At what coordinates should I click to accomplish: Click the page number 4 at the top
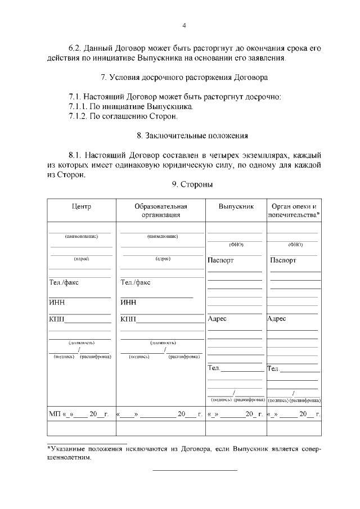tap(184, 25)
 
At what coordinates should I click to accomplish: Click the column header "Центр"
tap(82, 206)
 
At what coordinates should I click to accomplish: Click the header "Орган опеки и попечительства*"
tap(294, 210)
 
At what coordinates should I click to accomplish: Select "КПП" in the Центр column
tap(57, 319)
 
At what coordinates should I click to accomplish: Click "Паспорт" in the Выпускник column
tap(220, 260)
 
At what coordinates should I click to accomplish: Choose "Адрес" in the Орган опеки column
tap(277, 318)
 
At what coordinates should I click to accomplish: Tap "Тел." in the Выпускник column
tap(214, 368)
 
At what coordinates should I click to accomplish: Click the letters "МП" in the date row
tap(55, 415)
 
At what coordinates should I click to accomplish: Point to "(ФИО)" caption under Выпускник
tap(236, 245)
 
